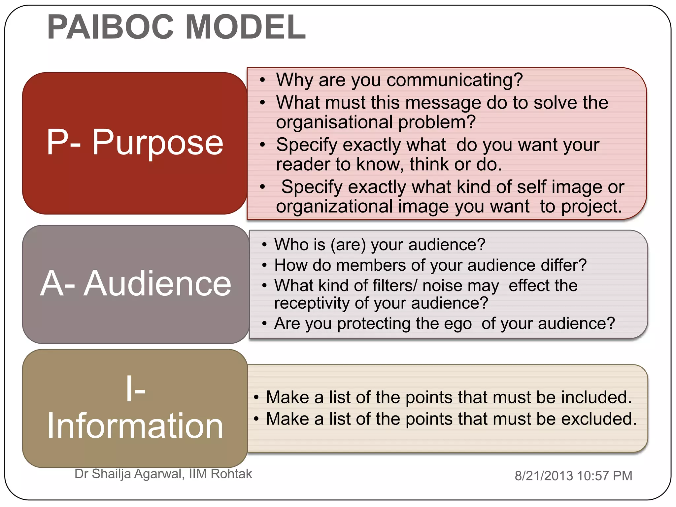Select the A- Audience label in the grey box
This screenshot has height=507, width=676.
click(x=136, y=284)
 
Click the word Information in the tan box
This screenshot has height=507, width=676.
click(x=135, y=426)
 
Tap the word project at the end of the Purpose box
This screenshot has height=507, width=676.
click(x=591, y=207)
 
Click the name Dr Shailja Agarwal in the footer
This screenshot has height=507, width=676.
click(x=129, y=474)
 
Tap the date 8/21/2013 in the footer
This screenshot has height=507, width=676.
click(x=544, y=476)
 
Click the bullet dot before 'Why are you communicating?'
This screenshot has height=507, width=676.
click(x=262, y=80)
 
